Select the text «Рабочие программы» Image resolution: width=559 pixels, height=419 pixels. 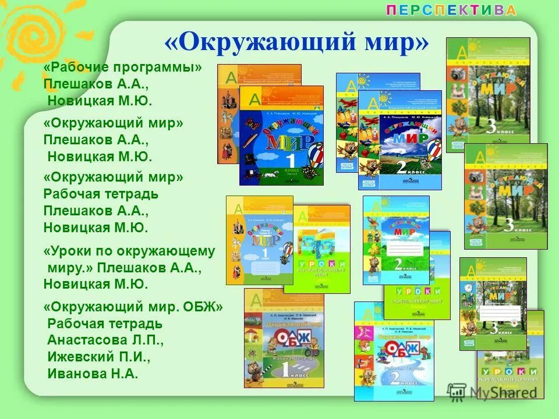click(123, 68)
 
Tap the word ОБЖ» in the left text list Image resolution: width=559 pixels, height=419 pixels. click(203, 306)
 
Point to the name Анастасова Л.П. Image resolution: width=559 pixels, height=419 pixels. click(105, 340)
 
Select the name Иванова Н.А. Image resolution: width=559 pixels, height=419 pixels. click(93, 374)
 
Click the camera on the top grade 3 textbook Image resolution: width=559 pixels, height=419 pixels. click(457, 74)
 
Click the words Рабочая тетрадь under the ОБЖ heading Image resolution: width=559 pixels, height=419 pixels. click(105, 324)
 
